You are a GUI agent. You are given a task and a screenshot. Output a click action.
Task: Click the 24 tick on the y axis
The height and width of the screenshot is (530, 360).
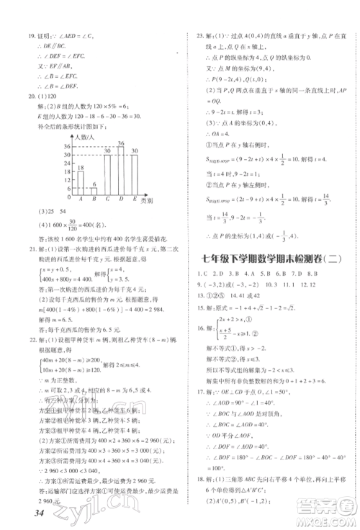(66, 163)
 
